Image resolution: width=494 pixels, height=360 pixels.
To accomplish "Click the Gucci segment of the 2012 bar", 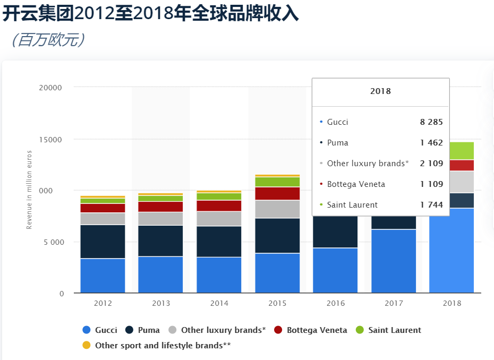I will tap(103, 275).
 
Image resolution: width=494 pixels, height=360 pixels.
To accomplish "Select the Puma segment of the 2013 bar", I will tap(160, 241).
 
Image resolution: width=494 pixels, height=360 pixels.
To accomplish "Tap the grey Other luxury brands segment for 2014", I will tap(219, 219).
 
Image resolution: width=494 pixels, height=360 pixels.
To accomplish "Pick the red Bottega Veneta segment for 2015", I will tap(277, 193).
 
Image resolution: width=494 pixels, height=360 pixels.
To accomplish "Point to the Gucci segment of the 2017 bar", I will tap(394, 261).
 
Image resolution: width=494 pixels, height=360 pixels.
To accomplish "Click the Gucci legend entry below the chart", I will tap(100, 330).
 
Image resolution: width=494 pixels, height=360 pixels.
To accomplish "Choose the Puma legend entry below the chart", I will tap(143, 330).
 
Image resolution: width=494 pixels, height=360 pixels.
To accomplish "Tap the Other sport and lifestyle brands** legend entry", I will tap(157, 345).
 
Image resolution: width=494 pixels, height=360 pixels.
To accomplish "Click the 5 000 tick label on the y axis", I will tap(53, 242).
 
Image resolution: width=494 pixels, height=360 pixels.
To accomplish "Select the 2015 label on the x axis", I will tap(277, 303).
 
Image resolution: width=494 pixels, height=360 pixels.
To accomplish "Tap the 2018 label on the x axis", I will tap(452, 303).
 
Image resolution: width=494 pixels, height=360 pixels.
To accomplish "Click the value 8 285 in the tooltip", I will tap(431, 122).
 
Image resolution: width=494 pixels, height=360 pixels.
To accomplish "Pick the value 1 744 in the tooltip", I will tap(431, 205).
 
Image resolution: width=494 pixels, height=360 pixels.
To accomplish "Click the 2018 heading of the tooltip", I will tap(380, 91).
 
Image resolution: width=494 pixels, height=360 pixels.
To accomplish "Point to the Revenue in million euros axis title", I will tap(30, 190).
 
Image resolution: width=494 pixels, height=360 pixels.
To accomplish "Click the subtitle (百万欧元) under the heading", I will tap(48, 40).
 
